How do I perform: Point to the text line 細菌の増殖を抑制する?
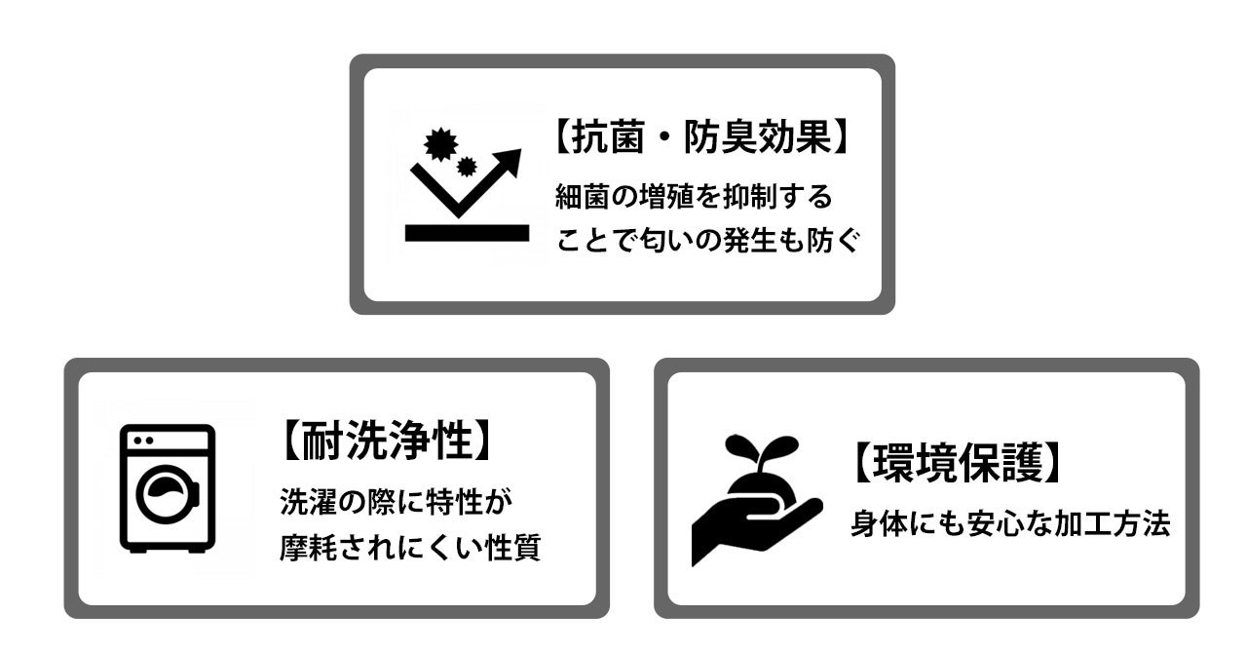[694, 197]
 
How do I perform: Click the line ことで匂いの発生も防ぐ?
[708, 240]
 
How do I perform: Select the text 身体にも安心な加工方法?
[1009, 523]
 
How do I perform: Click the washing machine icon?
[167, 488]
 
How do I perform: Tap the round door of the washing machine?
[167, 494]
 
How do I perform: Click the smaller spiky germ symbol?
[467, 166]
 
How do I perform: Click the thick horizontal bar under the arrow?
[467, 233]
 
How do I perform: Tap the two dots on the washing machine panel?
[143, 441]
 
